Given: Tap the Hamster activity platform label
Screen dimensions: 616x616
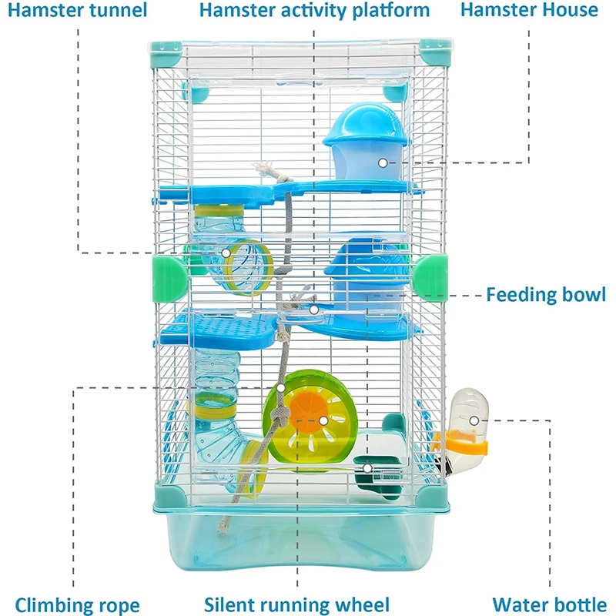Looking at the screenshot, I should (314, 10).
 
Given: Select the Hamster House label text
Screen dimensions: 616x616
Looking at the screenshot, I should (529, 10).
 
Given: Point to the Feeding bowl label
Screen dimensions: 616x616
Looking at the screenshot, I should (546, 294).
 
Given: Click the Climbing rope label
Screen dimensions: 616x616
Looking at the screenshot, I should (78, 604).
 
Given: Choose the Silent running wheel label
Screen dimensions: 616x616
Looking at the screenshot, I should (297, 604).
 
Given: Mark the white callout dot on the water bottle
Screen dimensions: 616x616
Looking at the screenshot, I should (474, 420).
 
